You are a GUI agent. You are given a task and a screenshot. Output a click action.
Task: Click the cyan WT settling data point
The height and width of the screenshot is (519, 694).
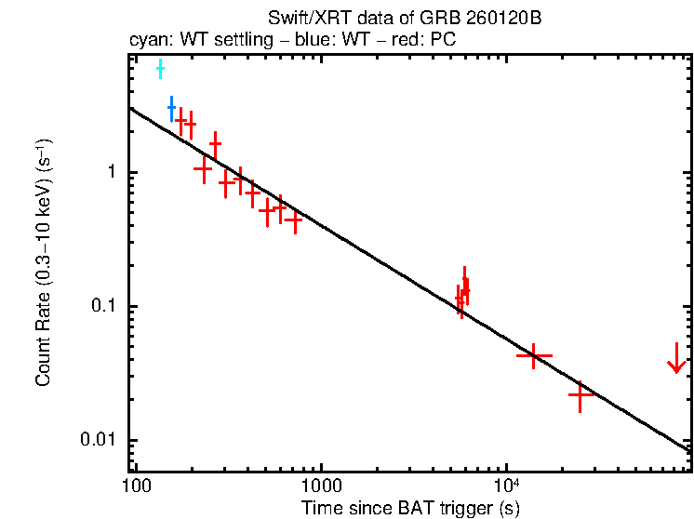click(x=160, y=69)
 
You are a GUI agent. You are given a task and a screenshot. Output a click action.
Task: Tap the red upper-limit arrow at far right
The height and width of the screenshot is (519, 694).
click(x=676, y=359)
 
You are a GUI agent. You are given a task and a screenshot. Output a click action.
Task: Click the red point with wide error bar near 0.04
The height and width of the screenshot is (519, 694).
click(x=534, y=355)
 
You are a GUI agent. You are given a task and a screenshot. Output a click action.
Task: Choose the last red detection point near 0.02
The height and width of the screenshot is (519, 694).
click(x=581, y=395)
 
